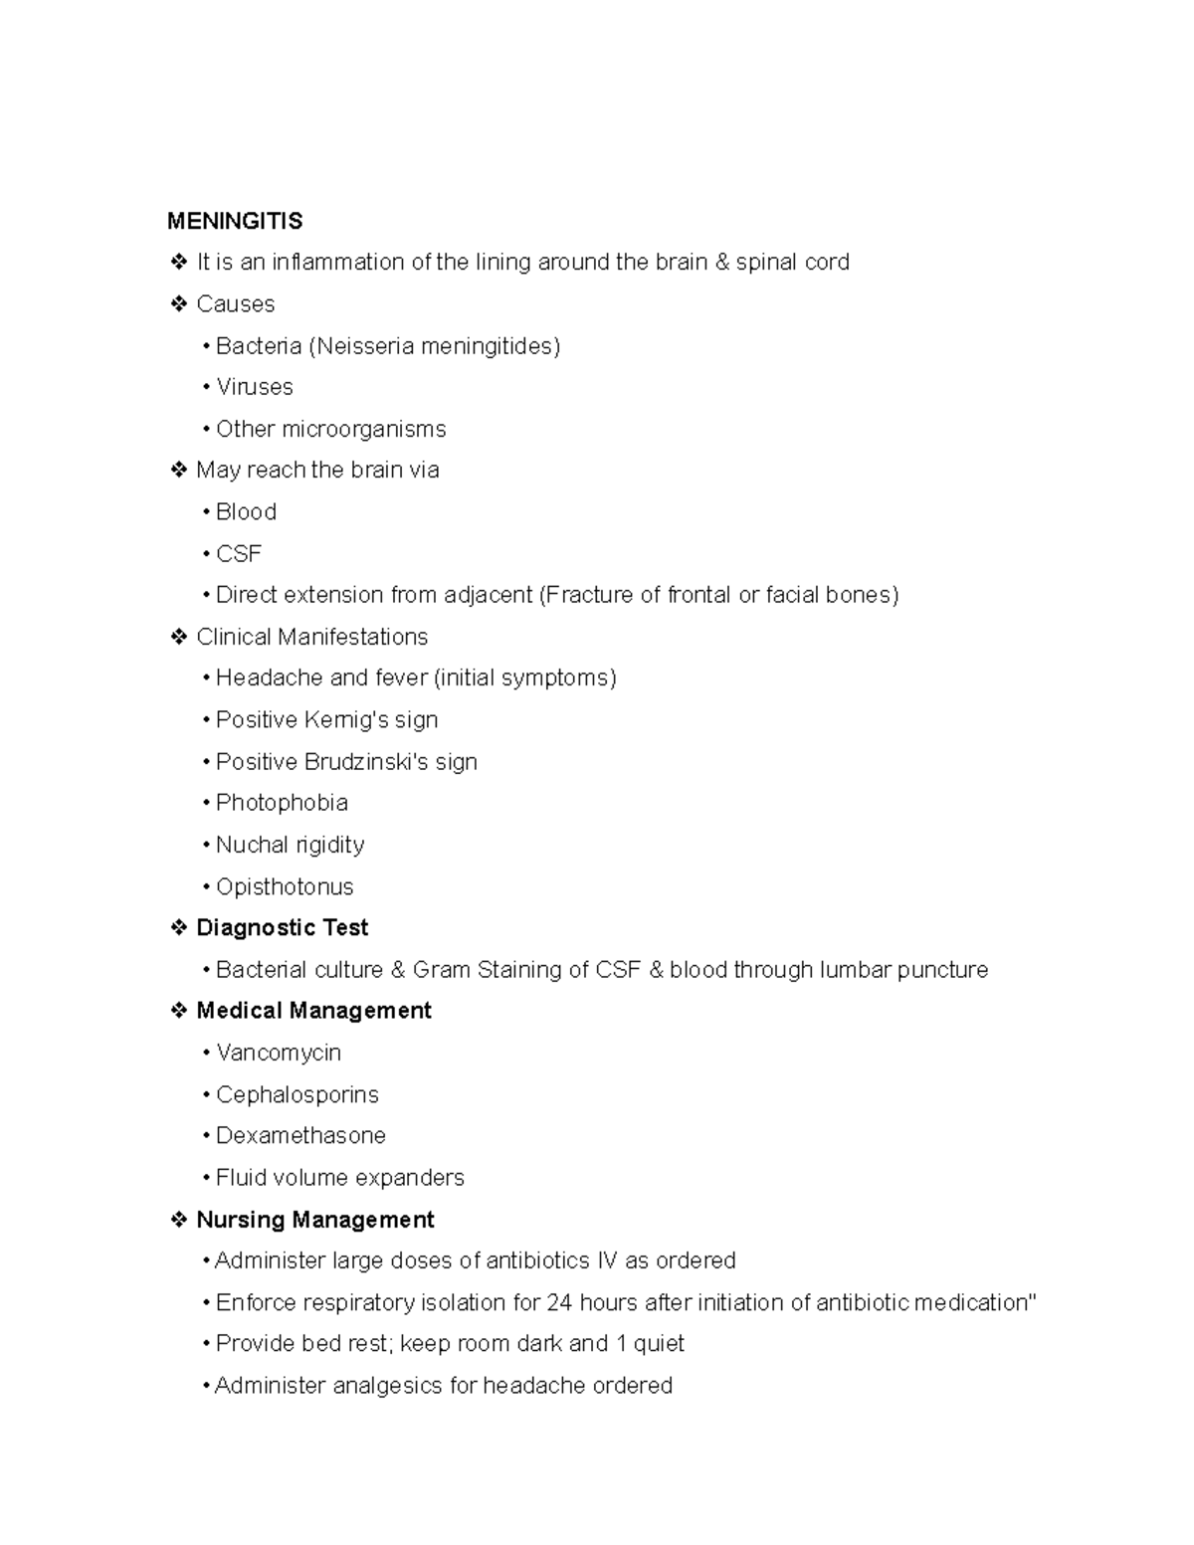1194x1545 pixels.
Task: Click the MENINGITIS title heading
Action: pos(235,221)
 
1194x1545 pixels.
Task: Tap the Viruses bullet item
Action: pos(255,387)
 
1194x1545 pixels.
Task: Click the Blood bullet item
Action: pos(246,512)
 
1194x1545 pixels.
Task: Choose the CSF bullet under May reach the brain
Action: pos(239,554)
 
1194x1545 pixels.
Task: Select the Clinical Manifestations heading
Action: pos(311,637)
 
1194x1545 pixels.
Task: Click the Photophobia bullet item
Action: pos(282,803)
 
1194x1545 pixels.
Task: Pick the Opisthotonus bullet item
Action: pos(285,886)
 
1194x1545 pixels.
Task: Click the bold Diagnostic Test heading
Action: pos(283,928)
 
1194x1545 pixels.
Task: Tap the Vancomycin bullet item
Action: pos(279,1053)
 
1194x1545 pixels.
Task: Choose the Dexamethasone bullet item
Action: pos(300,1136)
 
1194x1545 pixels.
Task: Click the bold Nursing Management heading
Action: pos(315,1220)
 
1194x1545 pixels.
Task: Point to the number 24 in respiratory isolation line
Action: pos(560,1303)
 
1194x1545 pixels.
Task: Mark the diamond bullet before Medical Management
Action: pos(179,1011)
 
